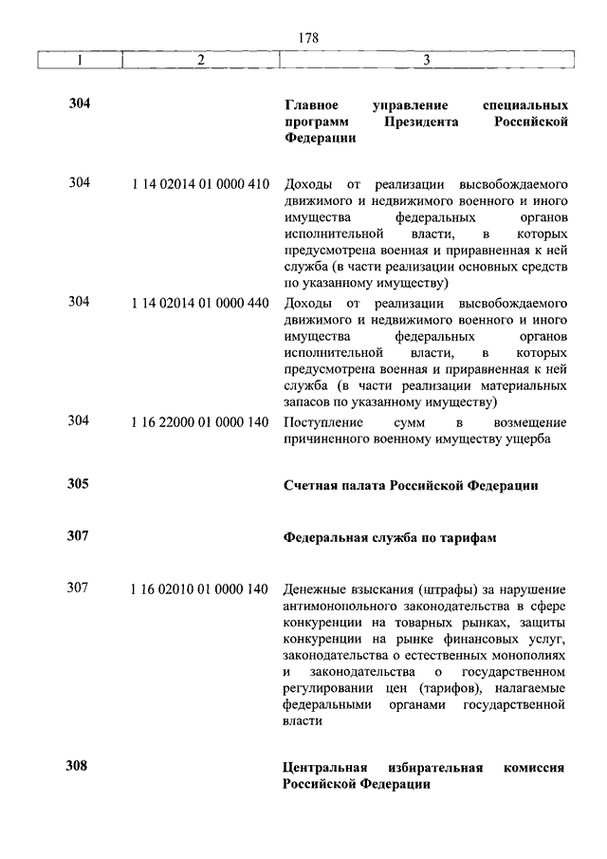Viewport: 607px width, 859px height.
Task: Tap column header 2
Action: [200, 60]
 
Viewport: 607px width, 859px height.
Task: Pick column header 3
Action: [427, 60]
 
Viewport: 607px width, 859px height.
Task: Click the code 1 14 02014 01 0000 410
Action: [200, 184]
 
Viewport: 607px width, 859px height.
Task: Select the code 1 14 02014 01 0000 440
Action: [200, 303]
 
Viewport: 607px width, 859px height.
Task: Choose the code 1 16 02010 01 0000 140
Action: [200, 588]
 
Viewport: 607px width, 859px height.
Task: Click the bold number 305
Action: [79, 484]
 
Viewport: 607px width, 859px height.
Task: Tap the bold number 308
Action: [79, 766]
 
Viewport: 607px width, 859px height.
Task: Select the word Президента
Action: [422, 121]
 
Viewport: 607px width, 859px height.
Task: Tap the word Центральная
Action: [326, 767]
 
